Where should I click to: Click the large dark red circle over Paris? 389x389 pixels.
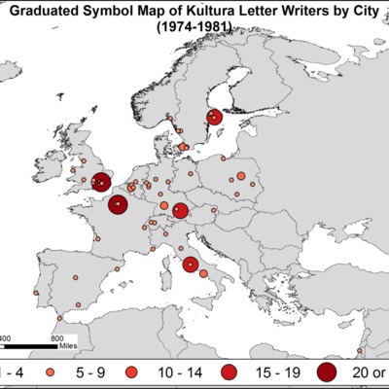click(x=118, y=204)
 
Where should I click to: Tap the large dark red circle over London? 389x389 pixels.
click(x=101, y=180)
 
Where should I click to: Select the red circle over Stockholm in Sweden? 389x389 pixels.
click(x=214, y=118)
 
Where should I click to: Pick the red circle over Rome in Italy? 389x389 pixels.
click(x=191, y=264)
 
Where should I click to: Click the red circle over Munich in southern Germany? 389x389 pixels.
click(x=180, y=211)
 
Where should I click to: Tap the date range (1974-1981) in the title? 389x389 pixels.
click(x=194, y=30)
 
